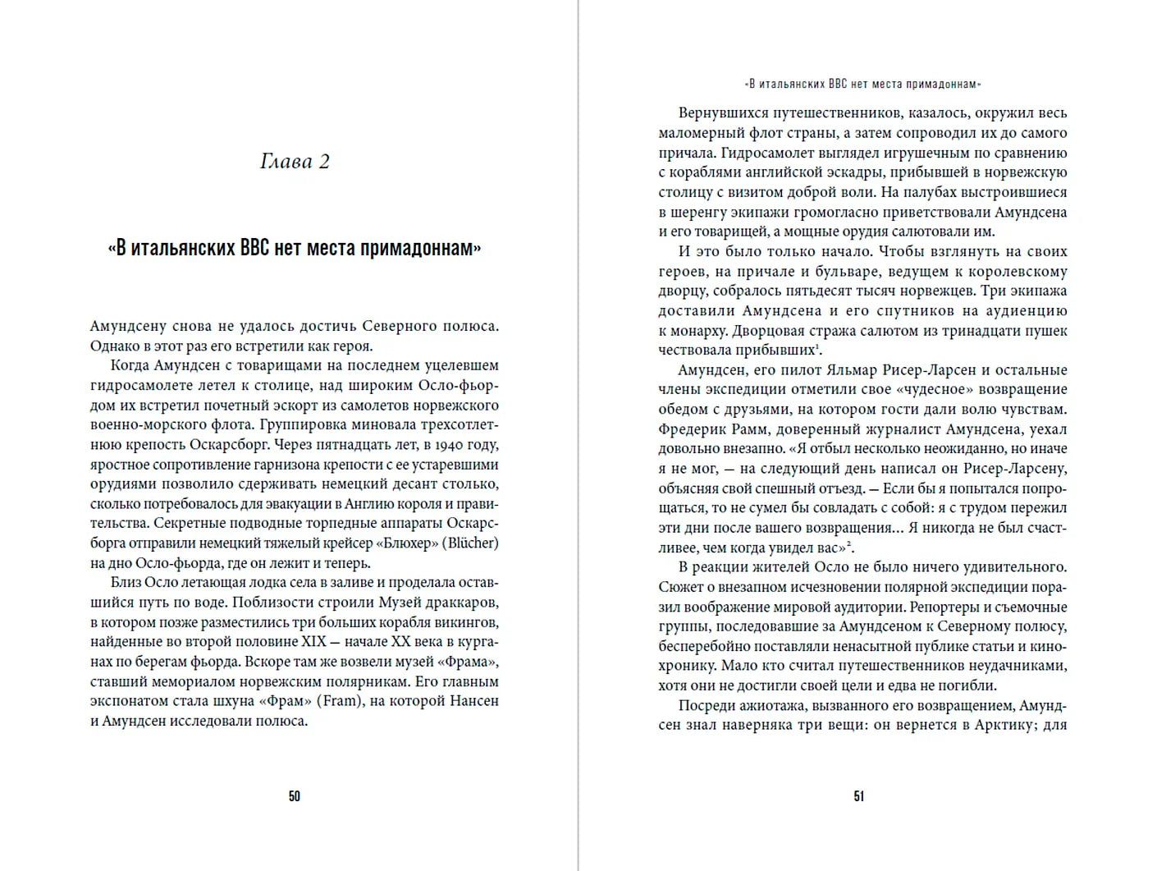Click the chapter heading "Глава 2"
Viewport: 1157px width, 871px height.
click(295, 162)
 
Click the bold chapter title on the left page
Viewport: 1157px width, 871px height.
click(295, 248)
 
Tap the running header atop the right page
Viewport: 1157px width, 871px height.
click(862, 84)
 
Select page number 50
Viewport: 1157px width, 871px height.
click(295, 796)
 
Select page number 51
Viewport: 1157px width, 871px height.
click(859, 796)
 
